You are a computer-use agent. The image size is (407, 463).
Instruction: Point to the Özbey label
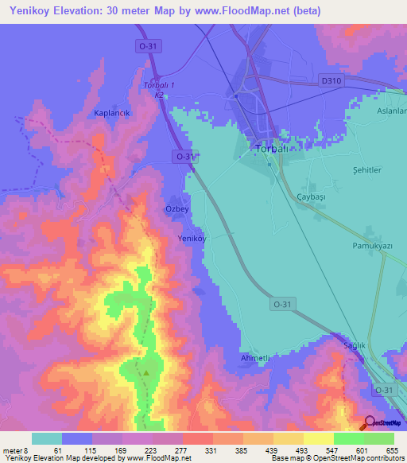[x=176, y=208]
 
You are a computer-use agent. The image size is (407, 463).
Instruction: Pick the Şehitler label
[x=366, y=170]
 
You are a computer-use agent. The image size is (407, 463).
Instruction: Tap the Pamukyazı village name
[x=373, y=247]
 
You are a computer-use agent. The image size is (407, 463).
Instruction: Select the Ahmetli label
[x=256, y=359]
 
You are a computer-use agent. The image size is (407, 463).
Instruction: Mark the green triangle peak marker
[x=145, y=372]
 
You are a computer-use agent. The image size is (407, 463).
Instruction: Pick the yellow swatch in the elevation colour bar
[x=318, y=438]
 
